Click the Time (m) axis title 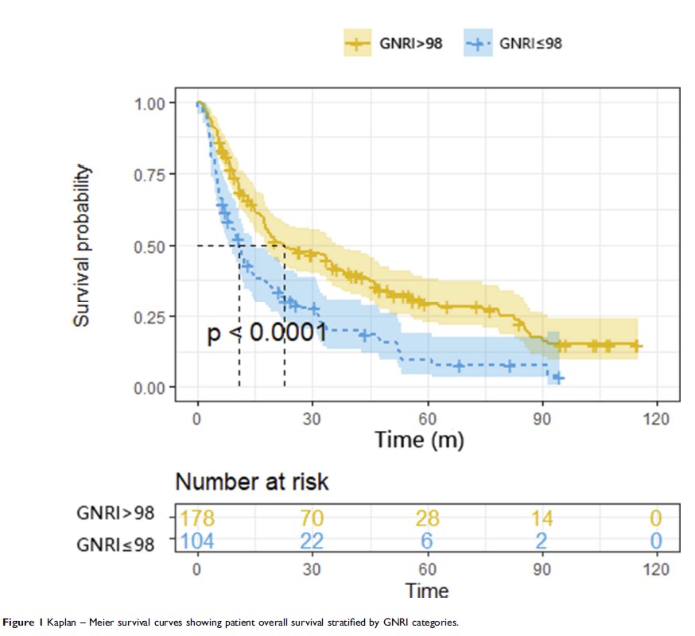419,439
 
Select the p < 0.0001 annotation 267,334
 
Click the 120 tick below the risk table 656,570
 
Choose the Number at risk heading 251,482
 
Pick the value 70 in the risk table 313,518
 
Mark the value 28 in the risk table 427,518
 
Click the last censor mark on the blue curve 558,378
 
